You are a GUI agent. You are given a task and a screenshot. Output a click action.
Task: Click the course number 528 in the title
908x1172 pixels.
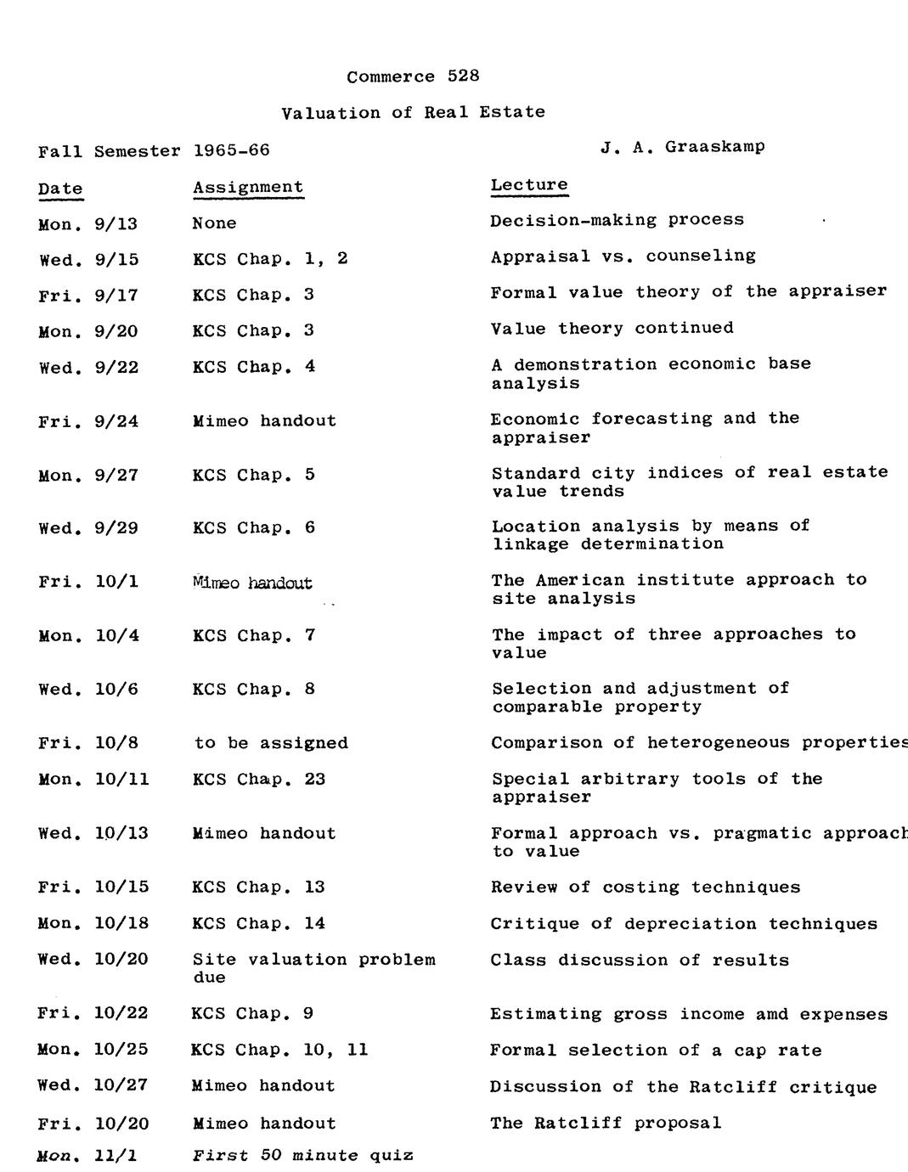[x=463, y=76]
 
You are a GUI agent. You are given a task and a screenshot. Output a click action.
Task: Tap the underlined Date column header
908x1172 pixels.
[x=60, y=189]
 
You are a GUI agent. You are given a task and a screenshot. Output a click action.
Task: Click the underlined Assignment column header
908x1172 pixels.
[x=248, y=187]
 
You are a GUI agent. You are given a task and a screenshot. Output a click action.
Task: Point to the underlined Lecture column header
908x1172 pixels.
[x=529, y=184]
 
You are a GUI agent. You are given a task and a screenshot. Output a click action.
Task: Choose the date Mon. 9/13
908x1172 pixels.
[x=87, y=224]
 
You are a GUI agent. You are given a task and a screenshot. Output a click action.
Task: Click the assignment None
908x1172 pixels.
[x=214, y=223]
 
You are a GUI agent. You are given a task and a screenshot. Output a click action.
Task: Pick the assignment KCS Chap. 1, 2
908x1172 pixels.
[x=270, y=259]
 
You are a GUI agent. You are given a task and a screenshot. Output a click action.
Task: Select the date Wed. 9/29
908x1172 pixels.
[x=88, y=528]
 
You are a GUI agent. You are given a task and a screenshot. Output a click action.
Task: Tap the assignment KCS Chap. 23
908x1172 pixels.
[x=259, y=780]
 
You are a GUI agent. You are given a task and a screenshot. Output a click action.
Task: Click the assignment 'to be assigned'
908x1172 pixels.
[x=271, y=743]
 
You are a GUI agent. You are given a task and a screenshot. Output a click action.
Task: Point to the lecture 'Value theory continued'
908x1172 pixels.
[x=612, y=328]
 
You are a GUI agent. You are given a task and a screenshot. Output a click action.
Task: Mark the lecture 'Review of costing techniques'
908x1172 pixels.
[x=646, y=887]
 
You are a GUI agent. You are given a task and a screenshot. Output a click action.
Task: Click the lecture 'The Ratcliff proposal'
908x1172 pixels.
[x=606, y=1123]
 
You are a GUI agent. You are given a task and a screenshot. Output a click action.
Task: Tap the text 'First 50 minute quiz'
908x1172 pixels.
[x=302, y=1155]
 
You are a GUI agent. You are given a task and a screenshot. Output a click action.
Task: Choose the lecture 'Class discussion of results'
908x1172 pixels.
[x=640, y=961]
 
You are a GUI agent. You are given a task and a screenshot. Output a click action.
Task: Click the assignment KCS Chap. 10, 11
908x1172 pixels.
[x=279, y=1050]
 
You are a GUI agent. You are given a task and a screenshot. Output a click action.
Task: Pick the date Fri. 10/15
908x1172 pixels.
[x=93, y=887]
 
